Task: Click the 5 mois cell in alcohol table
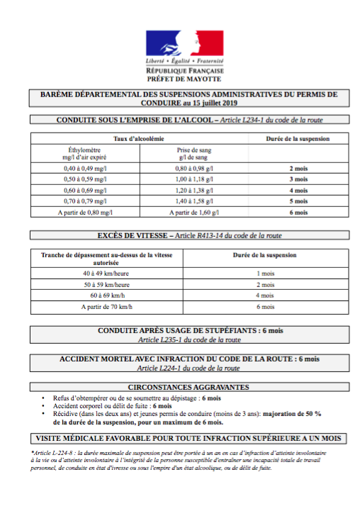pos(300,201)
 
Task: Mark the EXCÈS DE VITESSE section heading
pos(181,235)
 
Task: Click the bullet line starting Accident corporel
pos(113,406)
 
